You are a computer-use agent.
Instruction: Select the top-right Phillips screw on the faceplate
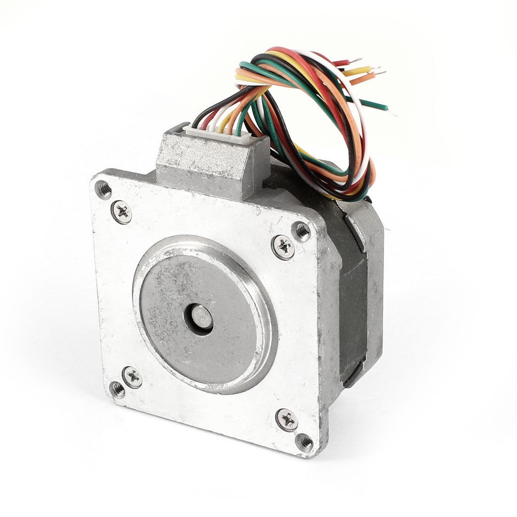point(283,245)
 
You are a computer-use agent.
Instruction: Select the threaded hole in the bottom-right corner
point(305,441)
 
